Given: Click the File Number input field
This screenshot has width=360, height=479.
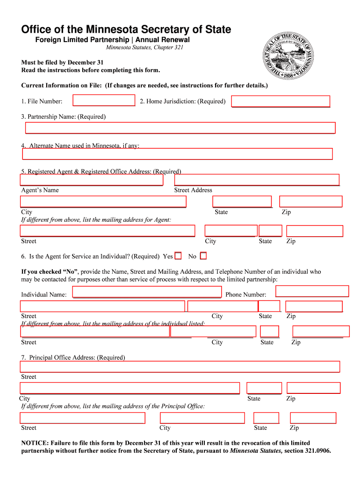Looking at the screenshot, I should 104,101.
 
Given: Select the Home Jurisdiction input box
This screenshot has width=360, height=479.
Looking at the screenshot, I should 281,102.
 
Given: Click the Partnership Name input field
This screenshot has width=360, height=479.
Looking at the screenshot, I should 180,128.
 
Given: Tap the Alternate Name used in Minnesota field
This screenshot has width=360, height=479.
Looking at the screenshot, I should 177,154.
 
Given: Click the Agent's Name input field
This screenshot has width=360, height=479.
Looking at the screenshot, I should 92,180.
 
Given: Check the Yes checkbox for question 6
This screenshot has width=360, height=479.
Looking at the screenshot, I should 178,256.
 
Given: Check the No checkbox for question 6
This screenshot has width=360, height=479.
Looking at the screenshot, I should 203,256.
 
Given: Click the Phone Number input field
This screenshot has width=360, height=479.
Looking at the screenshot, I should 312,291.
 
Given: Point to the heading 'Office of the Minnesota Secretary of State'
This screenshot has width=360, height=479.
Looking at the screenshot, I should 126,29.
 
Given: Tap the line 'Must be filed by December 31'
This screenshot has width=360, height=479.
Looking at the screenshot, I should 62,62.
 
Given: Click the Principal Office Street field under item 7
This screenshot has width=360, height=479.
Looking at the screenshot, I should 180,367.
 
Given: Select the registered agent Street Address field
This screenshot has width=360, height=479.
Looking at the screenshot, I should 257,180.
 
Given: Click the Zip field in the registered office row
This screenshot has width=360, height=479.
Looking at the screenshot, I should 311,202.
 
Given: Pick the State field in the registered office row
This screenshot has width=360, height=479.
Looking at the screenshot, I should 242,202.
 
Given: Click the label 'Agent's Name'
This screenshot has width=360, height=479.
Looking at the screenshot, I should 40,190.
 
